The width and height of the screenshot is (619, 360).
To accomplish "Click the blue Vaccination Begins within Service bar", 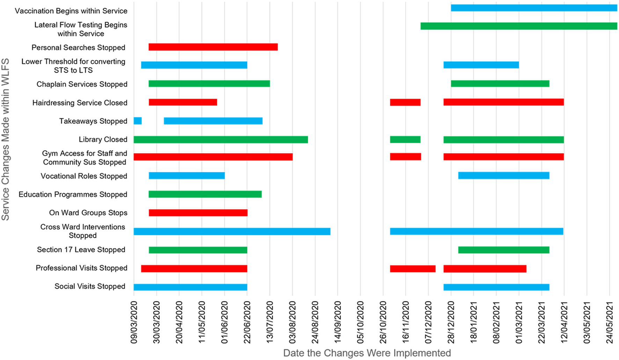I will (x=534, y=8).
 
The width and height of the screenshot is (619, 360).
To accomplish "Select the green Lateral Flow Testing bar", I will (x=518, y=26).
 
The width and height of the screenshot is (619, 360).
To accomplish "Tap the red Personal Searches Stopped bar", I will (x=213, y=47).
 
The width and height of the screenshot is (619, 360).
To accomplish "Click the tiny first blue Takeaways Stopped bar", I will (x=138, y=121).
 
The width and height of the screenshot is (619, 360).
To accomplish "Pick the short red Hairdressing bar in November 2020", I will (x=405, y=102).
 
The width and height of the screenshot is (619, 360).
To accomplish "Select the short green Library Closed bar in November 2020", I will (x=405, y=139).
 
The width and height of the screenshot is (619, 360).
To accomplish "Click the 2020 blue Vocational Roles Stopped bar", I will (x=187, y=176).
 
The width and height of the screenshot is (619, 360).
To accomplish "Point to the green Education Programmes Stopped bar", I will (x=205, y=194).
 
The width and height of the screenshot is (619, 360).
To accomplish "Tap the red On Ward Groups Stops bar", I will (x=198, y=213).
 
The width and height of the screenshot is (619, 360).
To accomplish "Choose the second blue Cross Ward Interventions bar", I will (x=476, y=231).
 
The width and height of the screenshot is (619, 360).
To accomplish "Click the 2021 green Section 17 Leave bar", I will (x=504, y=250).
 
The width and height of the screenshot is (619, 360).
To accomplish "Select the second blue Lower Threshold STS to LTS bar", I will (x=481, y=65).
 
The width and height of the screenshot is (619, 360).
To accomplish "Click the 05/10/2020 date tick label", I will (x=361, y=323).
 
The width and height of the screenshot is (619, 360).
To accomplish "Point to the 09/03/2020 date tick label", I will (x=134, y=323).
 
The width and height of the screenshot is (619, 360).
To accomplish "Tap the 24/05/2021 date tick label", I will (x=610, y=323).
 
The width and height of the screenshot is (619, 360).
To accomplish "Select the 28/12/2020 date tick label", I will (x=451, y=323).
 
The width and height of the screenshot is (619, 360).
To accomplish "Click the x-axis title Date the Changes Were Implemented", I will (x=367, y=353).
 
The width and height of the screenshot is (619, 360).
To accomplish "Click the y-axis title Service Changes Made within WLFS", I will (x=6, y=140).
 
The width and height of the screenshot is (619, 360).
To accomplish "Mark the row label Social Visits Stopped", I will (x=90, y=286).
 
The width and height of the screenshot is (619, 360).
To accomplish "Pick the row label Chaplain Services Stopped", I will (x=82, y=84).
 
